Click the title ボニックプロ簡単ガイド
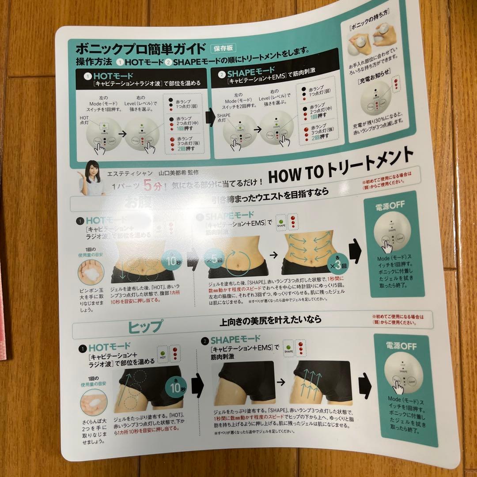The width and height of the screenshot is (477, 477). tap(140, 48)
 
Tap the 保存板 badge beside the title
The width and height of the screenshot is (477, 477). tap(223, 49)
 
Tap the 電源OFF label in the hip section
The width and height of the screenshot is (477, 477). tap(401, 346)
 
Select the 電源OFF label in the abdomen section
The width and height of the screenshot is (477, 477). tap(390, 205)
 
